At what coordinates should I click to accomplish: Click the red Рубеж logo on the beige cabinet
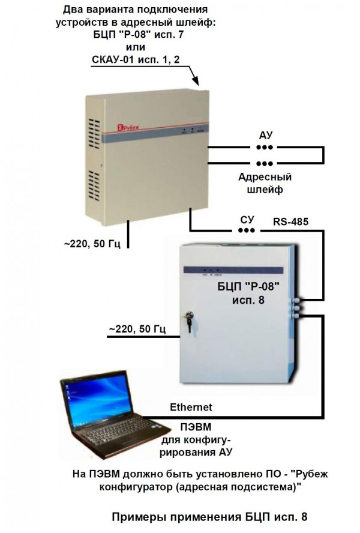point(128,128)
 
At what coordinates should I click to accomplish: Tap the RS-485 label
point(290,221)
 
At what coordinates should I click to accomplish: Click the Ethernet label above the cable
point(191,407)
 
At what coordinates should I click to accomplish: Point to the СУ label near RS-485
point(247,220)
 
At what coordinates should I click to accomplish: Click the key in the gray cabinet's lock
point(188,322)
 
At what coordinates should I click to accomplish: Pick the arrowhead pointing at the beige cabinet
point(196,81)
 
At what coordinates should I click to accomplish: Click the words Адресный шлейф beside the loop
point(265,183)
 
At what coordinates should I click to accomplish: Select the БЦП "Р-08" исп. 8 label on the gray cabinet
point(248,293)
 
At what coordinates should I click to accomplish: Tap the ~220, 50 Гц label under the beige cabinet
point(92,244)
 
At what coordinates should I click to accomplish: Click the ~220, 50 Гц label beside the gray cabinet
point(137,329)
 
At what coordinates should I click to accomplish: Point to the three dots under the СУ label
point(247,230)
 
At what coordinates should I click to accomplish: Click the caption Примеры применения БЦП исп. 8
point(209,517)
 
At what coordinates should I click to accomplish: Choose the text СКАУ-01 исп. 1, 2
point(136,60)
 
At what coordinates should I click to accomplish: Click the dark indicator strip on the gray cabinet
point(233,270)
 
